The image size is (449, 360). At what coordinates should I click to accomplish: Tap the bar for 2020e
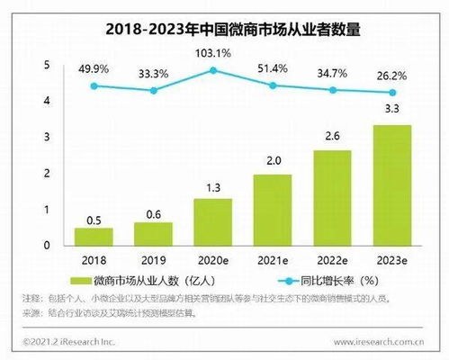tap(213, 221)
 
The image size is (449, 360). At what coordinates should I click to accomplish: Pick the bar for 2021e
tap(274, 209)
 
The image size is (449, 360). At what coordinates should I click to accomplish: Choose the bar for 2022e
tap(333, 197)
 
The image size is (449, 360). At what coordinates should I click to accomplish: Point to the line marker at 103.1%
tap(213, 69)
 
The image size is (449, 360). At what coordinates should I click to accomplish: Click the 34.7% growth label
tap(333, 69)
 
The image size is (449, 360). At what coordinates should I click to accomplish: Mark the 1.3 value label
tap(213, 188)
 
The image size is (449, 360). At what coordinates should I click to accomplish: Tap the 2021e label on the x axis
tap(274, 259)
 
